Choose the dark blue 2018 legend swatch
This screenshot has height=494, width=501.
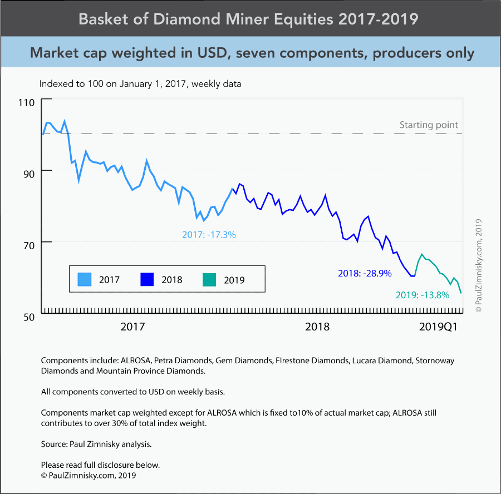(148, 279)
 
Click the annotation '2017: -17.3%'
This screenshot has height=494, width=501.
(209, 235)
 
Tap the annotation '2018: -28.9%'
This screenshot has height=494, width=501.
(365, 273)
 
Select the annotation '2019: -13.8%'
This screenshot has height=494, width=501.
(422, 295)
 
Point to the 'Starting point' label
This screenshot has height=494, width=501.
(429, 125)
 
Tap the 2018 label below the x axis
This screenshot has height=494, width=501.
(317, 327)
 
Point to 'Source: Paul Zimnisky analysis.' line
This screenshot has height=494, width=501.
(96, 444)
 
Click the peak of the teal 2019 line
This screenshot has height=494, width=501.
(422, 254)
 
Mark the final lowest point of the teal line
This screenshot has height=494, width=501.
(461, 293)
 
